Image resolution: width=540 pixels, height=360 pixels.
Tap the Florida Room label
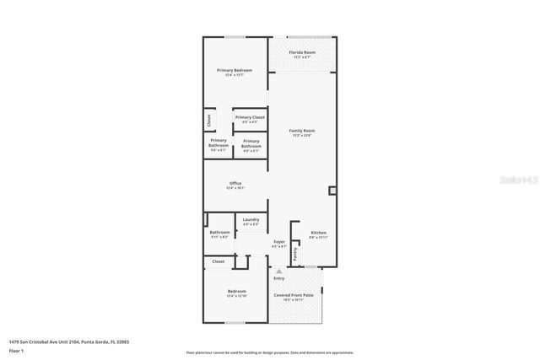(x=302, y=52)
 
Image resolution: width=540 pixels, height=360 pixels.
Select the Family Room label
(x=302, y=131)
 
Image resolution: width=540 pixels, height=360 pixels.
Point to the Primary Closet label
(x=250, y=117)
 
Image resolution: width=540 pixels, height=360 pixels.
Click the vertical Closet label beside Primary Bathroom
(x=208, y=121)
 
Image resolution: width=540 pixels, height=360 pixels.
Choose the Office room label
(x=235, y=184)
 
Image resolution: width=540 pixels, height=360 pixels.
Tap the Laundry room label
(x=251, y=219)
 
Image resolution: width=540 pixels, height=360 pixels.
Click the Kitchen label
(x=318, y=232)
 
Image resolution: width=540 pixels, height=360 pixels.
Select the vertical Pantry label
(x=295, y=251)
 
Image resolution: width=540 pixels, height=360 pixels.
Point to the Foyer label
(x=278, y=242)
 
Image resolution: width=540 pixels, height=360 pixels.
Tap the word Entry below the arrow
(x=279, y=278)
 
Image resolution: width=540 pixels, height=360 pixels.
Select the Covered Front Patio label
(x=293, y=295)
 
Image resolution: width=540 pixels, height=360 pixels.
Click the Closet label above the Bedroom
(x=218, y=262)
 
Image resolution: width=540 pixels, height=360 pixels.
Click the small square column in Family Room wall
(x=333, y=191)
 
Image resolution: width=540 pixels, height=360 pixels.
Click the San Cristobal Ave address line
(x=69, y=341)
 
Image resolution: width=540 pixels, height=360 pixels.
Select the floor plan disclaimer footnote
(x=270, y=352)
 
